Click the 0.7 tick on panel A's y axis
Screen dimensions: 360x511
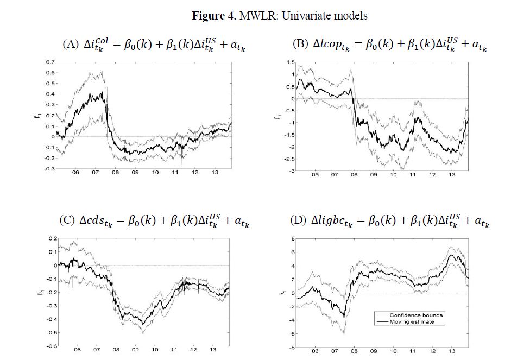(50, 62)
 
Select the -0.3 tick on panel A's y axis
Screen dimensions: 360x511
(49, 169)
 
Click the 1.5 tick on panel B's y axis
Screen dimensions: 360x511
(276, 62)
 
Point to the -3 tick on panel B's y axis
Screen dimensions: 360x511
(277, 170)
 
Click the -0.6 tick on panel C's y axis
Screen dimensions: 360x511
(49, 345)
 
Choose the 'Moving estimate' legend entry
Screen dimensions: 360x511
(409, 322)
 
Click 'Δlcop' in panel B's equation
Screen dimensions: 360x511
(330, 45)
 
